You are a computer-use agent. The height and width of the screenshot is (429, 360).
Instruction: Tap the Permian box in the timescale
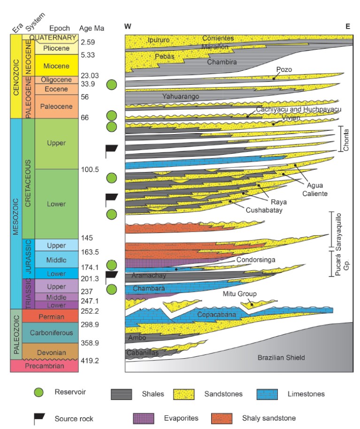52,316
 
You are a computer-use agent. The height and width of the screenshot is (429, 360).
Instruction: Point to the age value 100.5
90,169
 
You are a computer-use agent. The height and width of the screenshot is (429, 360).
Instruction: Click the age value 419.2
90,361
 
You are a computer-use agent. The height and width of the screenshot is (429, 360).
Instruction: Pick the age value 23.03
90,75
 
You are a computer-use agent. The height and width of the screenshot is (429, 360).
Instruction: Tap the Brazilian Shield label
282,358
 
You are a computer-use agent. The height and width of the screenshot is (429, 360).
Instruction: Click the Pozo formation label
284,69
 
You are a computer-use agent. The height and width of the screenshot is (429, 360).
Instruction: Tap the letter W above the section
128,27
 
